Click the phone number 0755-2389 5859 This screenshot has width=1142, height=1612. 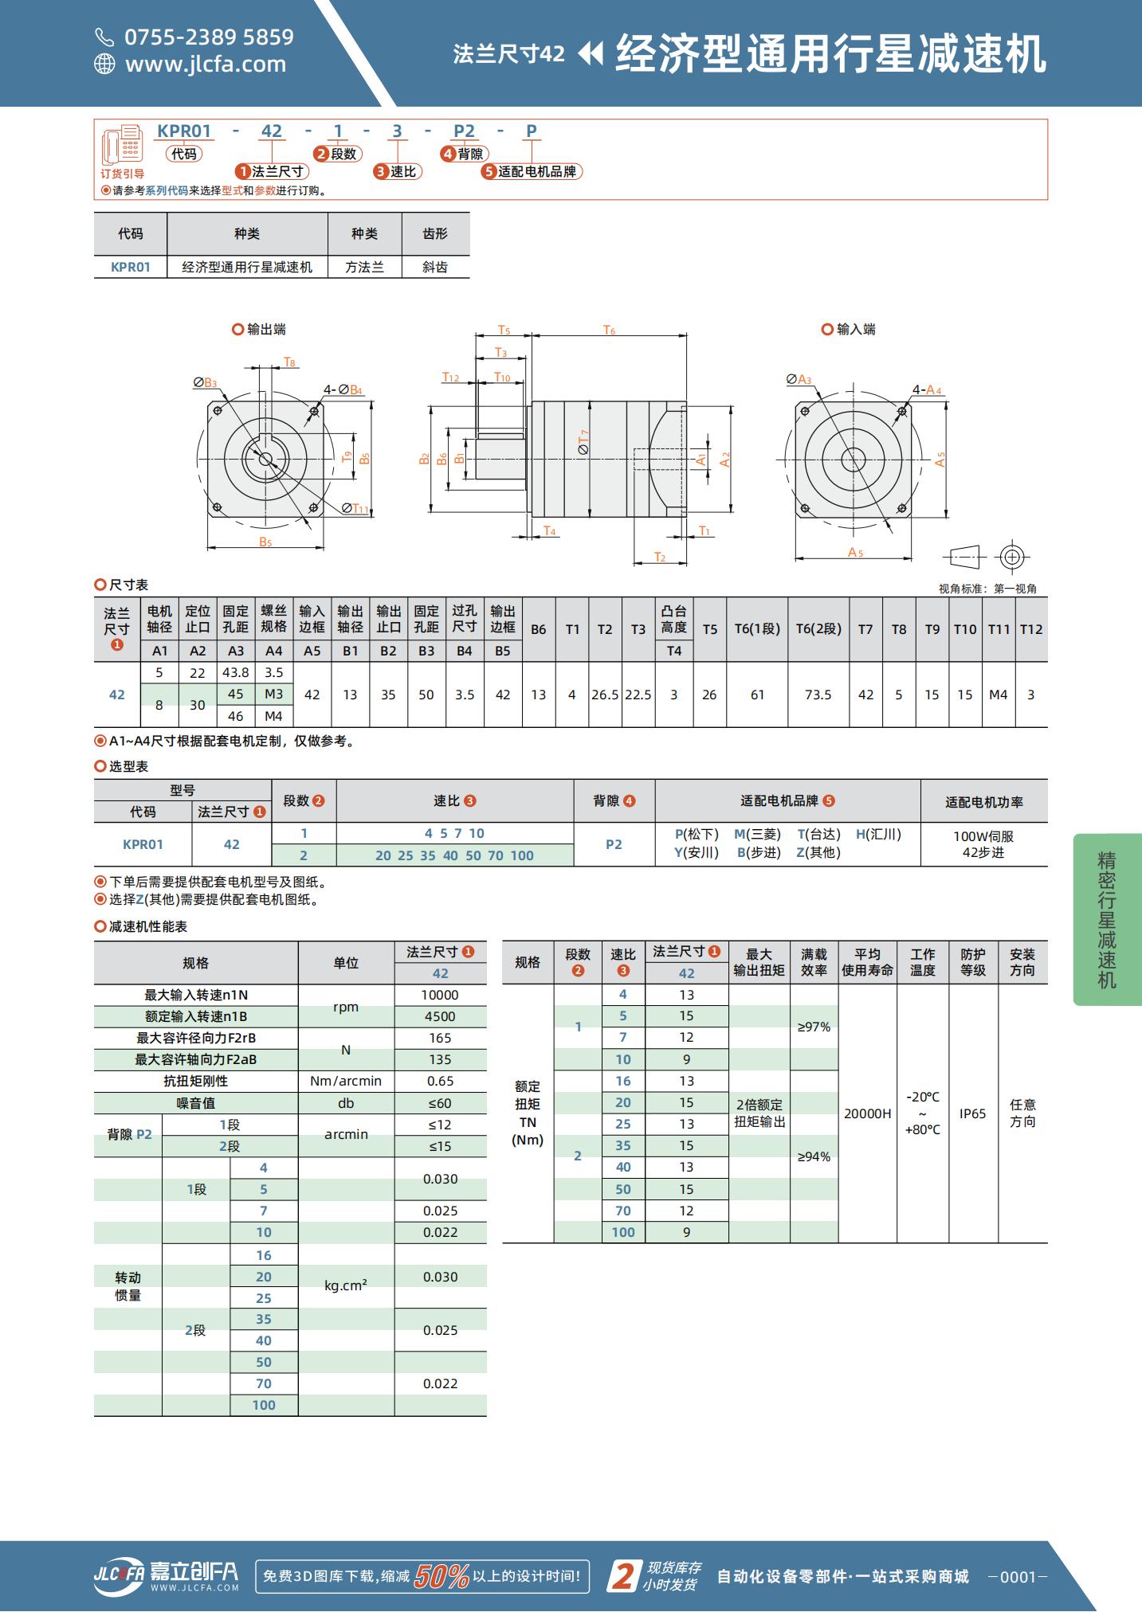pos(209,37)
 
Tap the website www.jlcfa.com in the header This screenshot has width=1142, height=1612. pos(206,64)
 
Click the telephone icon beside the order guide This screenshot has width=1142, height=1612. pos(121,145)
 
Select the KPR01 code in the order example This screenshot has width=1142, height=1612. pos(184,131)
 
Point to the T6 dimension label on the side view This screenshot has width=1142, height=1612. pos(609,330)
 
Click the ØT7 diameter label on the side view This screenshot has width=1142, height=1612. pos(583,442)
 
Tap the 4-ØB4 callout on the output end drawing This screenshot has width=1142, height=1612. pos(343,389)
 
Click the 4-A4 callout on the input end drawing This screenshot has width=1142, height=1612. pos(928,389)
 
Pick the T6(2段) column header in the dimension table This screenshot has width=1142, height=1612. pos(818,629)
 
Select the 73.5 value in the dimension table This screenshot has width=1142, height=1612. pos(818,694)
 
